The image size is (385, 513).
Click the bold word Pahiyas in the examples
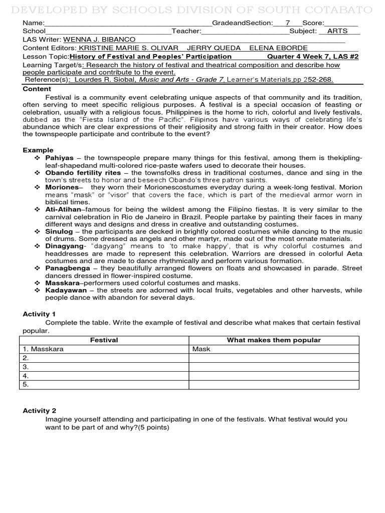pos(61,158)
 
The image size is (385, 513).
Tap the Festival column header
pos(104,340)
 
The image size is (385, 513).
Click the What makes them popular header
pos(274,340)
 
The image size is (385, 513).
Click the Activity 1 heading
pos(39,314)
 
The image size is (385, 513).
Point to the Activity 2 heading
pos(39,410)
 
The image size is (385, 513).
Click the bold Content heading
pos(37,89)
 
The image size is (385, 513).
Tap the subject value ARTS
pos(336,31)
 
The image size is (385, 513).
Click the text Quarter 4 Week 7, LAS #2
pos(313,57)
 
